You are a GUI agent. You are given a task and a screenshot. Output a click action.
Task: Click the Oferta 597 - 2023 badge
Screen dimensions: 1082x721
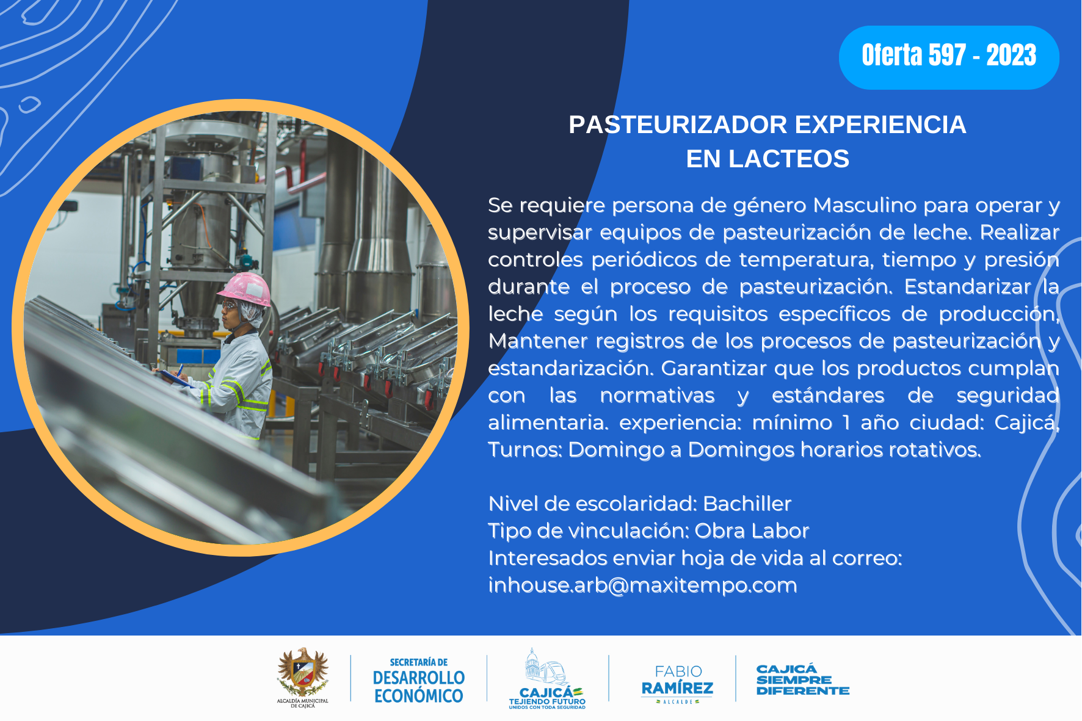[949, 57]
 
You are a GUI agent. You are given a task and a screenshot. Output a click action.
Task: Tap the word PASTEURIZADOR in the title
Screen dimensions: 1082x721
[678, 125]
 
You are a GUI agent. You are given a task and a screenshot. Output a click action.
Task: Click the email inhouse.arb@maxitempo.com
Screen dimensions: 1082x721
[642, 585]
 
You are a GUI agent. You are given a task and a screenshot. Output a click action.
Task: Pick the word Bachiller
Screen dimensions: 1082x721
[747, 504]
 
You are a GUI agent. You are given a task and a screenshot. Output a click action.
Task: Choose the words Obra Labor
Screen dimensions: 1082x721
[752, 531]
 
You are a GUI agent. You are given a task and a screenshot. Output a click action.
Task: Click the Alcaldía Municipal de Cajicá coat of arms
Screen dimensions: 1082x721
[303, 678]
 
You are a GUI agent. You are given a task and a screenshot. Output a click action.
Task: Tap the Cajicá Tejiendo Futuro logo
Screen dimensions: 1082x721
[547, 679]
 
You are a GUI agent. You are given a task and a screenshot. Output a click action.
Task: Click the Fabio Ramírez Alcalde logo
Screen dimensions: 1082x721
[677, 684]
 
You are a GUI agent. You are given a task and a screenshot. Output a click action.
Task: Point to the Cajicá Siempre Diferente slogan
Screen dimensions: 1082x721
[803, 679]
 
